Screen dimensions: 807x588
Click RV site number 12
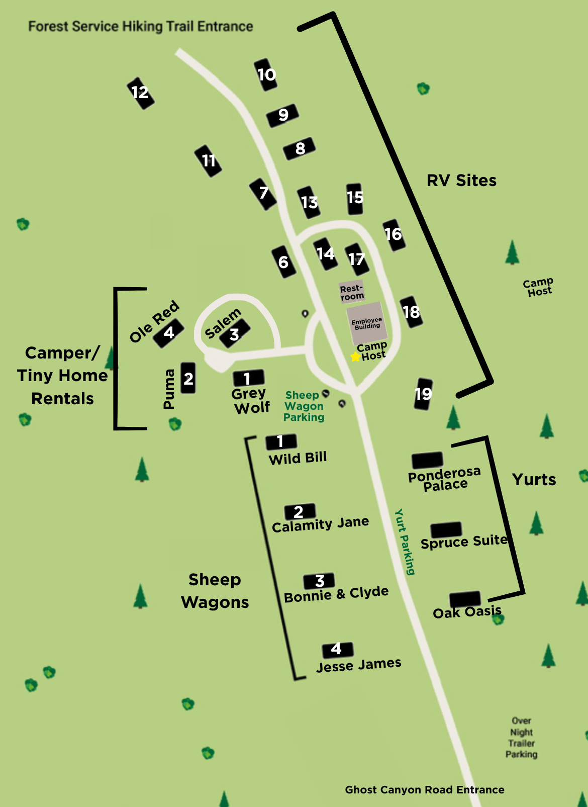pos(140,93)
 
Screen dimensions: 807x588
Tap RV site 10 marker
pos(266,75)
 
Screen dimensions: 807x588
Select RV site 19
pos(423,394)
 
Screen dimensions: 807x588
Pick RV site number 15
pos(355,198)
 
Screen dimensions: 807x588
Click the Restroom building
pos(352,292)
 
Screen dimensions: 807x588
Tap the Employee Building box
pos(367,323)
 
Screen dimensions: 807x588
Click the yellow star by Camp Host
pos(355,356)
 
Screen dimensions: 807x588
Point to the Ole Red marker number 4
pos(168,333)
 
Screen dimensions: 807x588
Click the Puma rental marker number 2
pos(188,378)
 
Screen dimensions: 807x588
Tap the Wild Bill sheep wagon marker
pos(281,441)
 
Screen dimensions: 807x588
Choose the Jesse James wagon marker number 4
pos(337,649)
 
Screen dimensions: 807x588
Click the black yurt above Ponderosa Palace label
pos(427,460)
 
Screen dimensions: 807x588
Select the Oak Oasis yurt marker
pos(465,599)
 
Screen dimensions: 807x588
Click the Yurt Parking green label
pos(405,542)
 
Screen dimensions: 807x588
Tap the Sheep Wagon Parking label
pos(304,406)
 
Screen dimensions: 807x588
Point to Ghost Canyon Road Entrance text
pos(425,789)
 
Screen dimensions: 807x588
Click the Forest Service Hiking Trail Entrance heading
pos(141,26)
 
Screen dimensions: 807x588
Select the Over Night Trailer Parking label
pos(521,738)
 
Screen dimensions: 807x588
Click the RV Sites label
pos(461,181)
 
